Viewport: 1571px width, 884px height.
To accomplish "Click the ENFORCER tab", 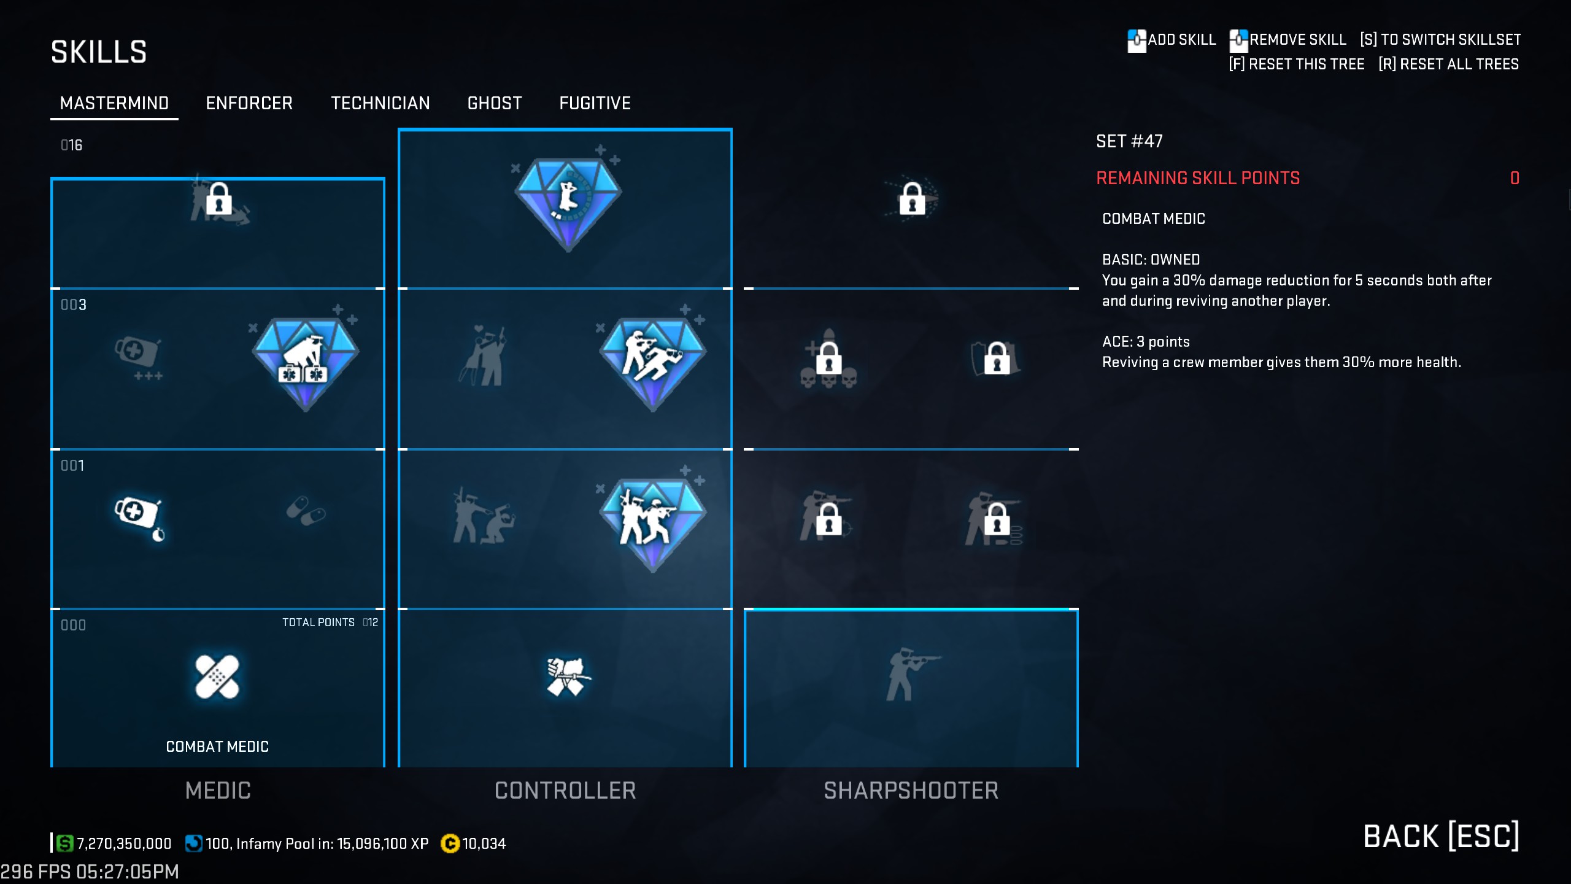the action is [249, 103].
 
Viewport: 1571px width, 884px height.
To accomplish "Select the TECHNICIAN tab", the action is [380, 103].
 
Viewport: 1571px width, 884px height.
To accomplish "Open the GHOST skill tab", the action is [494, 103].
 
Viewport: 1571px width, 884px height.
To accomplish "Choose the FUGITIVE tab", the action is [595, 103].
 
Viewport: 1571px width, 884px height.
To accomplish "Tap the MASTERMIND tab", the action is [114, 103].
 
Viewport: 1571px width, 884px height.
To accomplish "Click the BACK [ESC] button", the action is [1440, 837].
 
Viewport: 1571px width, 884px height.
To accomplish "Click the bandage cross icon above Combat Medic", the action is [217, 677].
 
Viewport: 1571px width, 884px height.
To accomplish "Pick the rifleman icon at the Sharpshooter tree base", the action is [911, 674].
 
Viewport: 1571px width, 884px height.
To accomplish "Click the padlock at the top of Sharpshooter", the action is [912, 198].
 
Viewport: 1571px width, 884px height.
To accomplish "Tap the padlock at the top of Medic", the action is [219, 199].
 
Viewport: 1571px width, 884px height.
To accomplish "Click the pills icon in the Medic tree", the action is [306, 511].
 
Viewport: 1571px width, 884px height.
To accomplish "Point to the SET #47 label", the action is [1129, 142].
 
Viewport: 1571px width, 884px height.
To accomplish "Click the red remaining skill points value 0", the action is [1515, 179].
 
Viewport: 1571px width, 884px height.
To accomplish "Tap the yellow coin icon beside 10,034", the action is [450, 844].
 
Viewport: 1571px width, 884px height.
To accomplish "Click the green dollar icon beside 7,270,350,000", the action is [64, 843].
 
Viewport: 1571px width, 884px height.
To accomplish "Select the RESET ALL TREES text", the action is [1448, 64].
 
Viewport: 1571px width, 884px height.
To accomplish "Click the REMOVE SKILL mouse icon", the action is [1238, 41].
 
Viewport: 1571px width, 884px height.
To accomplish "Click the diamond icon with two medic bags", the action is [305, 362].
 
